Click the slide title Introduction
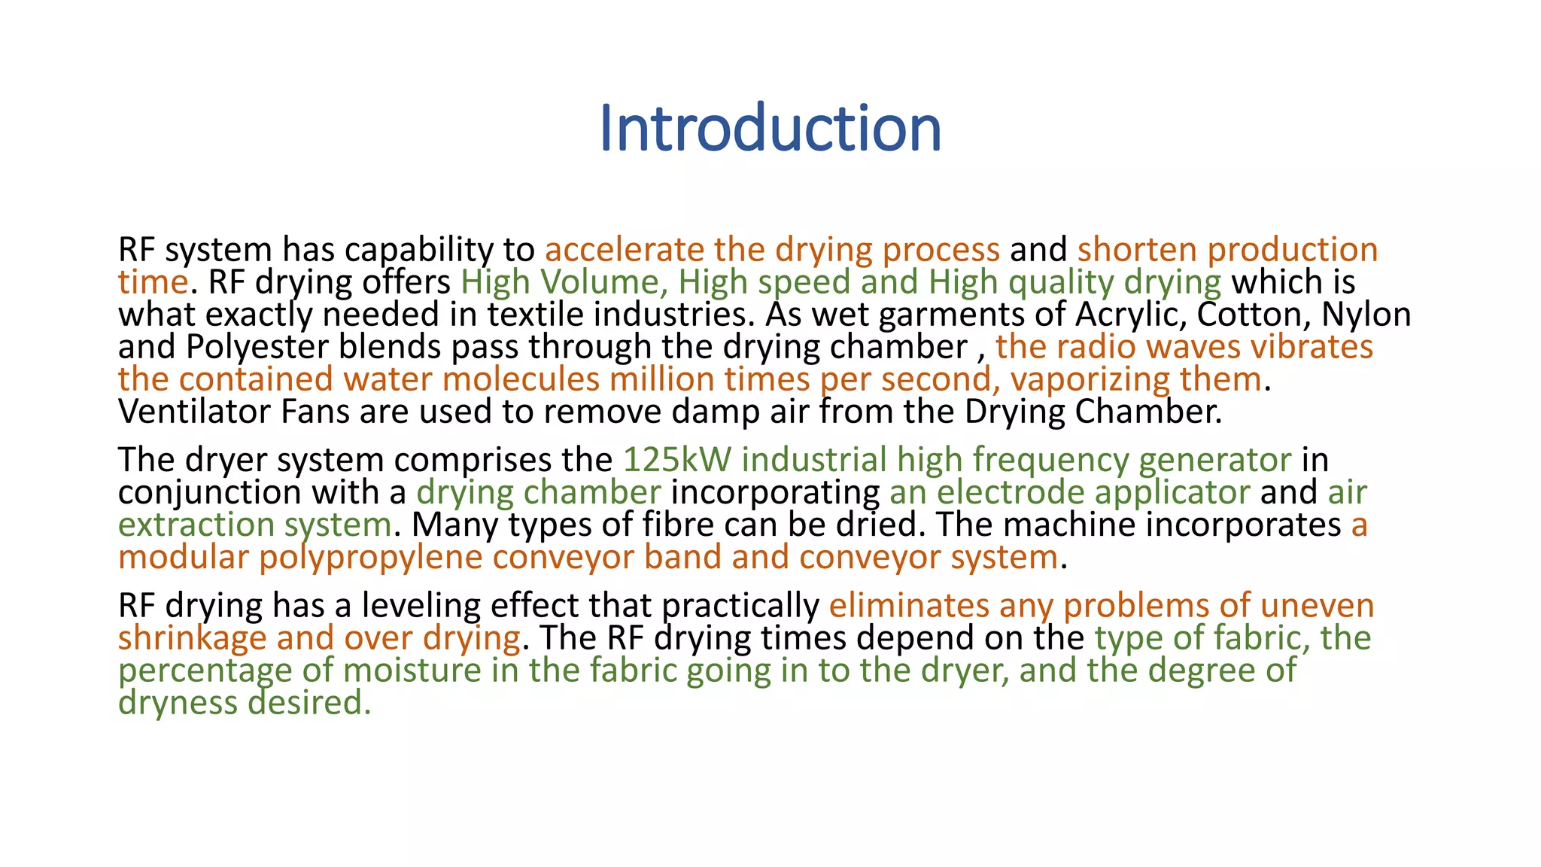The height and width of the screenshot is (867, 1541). [770, 128]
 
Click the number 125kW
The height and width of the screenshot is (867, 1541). [677, 460]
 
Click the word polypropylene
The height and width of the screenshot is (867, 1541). [370, 558]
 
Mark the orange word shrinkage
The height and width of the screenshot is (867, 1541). [192, 638]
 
